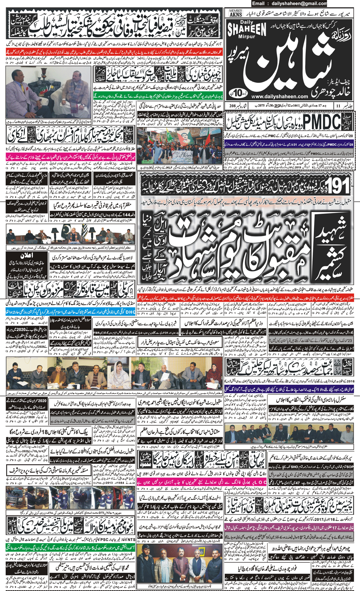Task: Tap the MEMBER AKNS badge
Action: click(x=236, y=13)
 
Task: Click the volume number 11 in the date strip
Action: click(x=338, y=106)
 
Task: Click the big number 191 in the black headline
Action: click(x=338, y=185)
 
